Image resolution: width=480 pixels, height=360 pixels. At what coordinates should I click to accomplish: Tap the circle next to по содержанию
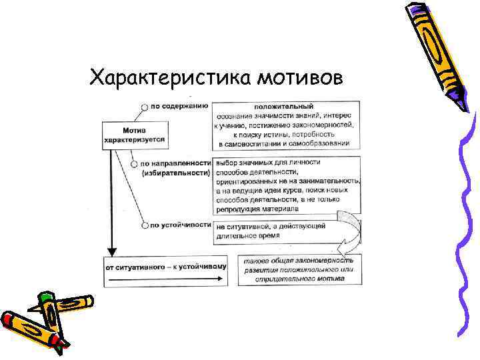tap(144, 106)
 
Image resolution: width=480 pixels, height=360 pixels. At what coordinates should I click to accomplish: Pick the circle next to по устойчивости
tap(145, 225)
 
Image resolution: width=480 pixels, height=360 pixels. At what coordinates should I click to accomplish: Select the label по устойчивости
tap(181, 225)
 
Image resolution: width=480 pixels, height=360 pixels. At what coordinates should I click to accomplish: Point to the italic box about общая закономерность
tap(299, 269)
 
